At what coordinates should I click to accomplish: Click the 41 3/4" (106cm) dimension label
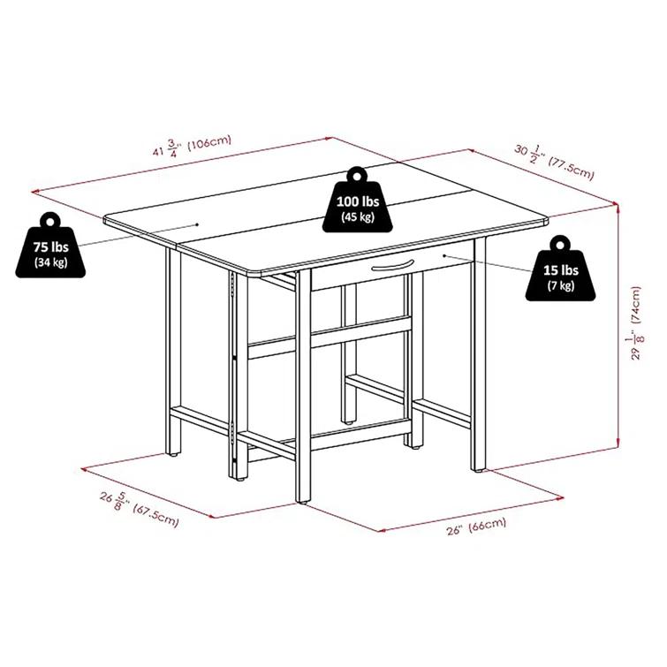point(191,142)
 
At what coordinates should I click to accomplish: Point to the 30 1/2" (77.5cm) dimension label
point(556,160)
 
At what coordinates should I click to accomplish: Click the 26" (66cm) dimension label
point(475,523)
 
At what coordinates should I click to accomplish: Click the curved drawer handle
point(391,267)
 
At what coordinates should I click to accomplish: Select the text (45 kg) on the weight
point(357,217)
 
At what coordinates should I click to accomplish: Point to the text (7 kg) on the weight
point(561,285)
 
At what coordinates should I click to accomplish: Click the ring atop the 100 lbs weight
point(357,174)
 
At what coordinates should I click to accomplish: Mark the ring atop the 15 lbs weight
point(561,243)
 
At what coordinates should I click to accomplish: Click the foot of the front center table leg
point(303,501)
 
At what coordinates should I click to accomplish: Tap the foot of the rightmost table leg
point(480,470)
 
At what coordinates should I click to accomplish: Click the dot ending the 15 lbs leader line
point(446,256)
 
